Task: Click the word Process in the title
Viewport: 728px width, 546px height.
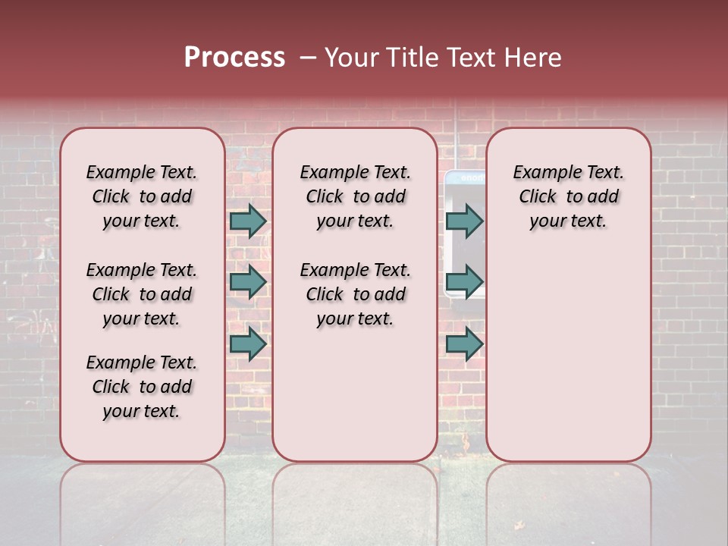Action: pos(234,58)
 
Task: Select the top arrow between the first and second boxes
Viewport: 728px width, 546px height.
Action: pos(247,221)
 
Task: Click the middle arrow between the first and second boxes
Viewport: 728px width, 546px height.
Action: pos(247,282)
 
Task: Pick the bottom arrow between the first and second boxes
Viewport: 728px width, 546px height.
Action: pos(247,344)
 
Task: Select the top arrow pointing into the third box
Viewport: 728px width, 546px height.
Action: pos(464,221)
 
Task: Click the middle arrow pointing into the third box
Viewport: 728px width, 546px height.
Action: pos(464,282)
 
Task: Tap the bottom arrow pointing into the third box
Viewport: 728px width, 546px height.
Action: pos(464,344)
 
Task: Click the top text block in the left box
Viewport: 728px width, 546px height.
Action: pos(142,196)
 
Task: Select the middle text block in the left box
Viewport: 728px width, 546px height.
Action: pos(142,294)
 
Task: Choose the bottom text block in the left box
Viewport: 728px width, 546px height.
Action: pos(142,387)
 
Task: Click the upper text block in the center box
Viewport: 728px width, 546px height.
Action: pos(355,196)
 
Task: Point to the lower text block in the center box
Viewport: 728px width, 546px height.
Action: pos(355,294)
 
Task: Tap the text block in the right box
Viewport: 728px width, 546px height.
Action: pos(568,196)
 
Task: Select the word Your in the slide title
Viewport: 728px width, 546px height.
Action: pos(350,58)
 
